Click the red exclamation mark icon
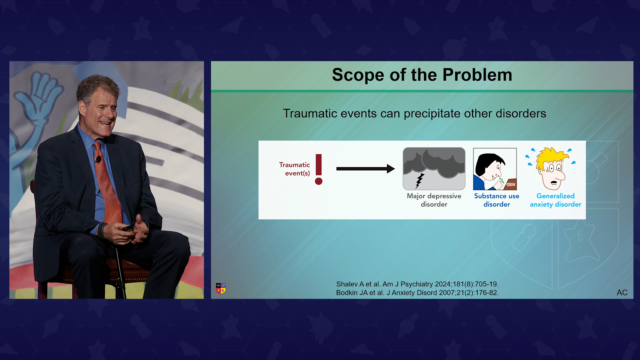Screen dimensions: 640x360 319,169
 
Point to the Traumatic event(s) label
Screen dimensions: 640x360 295,169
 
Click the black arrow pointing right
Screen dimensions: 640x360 366,169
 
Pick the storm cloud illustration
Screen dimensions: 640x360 434,169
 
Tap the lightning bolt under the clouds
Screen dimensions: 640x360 420,181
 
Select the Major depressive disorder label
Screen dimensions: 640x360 434,200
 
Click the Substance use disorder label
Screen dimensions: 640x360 497,200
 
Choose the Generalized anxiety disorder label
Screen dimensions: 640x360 556,200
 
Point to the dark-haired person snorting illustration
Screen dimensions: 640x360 495,169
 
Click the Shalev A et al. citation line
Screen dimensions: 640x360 417,284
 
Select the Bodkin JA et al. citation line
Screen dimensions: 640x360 417,293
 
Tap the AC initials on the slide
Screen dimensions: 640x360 622,293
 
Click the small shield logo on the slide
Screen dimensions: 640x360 221,288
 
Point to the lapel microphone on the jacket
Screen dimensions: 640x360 98,159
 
